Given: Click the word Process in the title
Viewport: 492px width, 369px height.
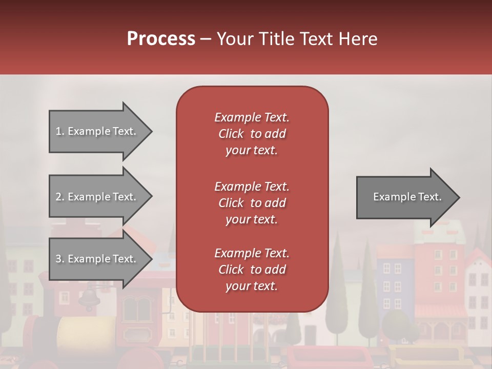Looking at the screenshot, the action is pos(161,38).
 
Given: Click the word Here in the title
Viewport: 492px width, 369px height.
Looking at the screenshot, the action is pos(358,38).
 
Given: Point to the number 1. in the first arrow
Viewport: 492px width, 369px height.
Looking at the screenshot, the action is pos(60,131).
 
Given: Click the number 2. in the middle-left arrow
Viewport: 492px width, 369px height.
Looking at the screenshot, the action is pos(60,197).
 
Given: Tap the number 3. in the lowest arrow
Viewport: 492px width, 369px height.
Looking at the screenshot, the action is pos(60,259).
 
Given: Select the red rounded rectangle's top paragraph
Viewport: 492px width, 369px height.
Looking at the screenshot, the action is pos(252,134).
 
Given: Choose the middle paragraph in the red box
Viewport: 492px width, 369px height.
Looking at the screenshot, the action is pos(252,203).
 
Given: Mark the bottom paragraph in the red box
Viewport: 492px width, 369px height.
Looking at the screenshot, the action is pos(252,270).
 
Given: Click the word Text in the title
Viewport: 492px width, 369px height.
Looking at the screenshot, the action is pos(316,38).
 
